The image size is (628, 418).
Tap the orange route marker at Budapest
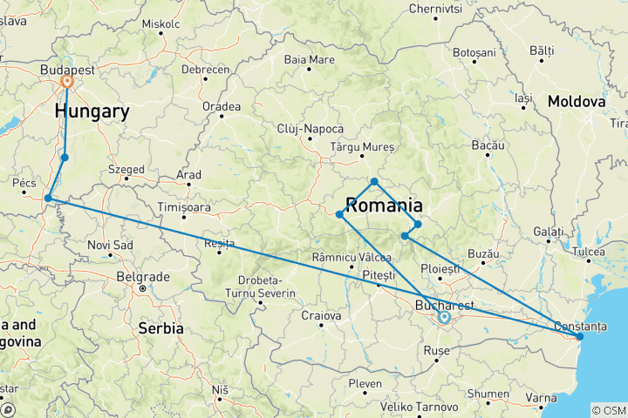[x=67, y=84]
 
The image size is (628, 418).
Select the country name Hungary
[x=92, y=111]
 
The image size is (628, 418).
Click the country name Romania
[x=385, y=206]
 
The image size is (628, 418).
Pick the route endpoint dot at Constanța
[x=580, y=336]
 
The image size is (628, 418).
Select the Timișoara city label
[x=184, y=207]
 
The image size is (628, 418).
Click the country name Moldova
[x=577, y=102]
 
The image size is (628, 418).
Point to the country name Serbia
[x=160, y=328]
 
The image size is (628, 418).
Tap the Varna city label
[x=543, y=398]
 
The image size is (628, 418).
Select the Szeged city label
[x=126, y=169]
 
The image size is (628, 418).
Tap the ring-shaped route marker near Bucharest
[x=444, y=318]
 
